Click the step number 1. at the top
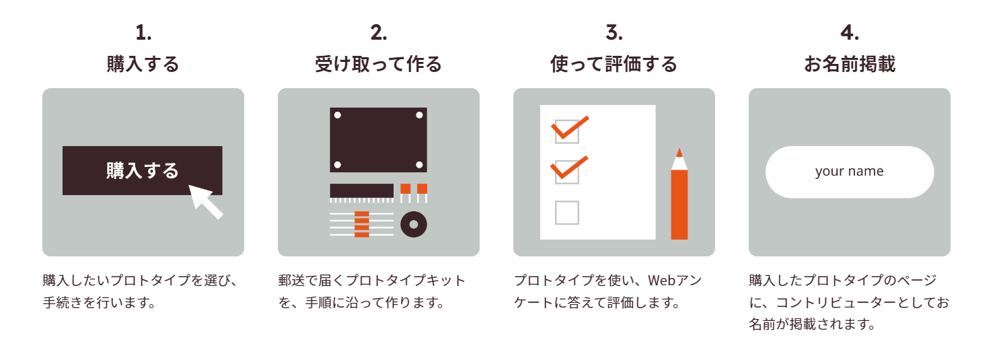tap(143, 32)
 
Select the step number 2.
tap(379, 32)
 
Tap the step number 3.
tap(614, 32)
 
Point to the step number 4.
tap(850, 32)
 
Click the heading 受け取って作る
tap(379, 64)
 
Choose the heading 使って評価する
tap(614, 64)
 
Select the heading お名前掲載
tap(850, 64)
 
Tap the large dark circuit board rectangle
tap(378, 139)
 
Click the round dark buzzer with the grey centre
tap(414, 224)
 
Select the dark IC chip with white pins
tap(361, 191)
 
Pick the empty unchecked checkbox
tap(567, 213)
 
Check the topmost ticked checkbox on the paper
tap(567, 131)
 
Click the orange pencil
tap(679, 202)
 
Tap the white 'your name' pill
tap(850, 172)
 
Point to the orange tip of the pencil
tap(679, 152)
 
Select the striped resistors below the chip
tap(362, 224)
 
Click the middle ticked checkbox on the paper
tap(567, 172)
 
